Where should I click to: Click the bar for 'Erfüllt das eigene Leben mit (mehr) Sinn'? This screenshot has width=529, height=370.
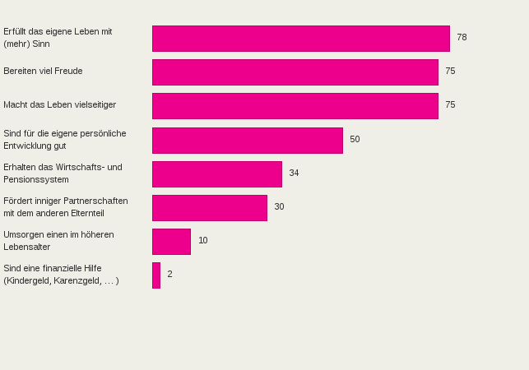pyautogui.click(x=300, y=39)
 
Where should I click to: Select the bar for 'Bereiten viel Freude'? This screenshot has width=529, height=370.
pyautogui.click(x=295, y=72)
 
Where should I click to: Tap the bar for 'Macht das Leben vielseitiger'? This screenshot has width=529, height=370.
pyautogui.click(x=295, y=106)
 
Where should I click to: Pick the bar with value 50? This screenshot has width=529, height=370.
pyautogui.click(x=247, y=140)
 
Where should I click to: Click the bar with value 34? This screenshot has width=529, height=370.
pyautogui.click(x=216, y=173)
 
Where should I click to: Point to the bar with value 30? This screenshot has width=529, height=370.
pyautogui.click(x=209, y=207)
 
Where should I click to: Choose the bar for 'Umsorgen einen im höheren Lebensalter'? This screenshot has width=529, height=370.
pyautogui.click(x=171, y=241)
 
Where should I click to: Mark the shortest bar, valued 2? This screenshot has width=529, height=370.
pyautogui.click(x=156, y=275)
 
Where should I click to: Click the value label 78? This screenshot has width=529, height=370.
pyautogui.click(x=462, y=38)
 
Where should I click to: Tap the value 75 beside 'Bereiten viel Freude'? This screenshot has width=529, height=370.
pyautogui.click(x=450, y=72)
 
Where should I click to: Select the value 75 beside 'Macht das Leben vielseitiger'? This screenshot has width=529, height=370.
pyautogui.click(x=450, y=105)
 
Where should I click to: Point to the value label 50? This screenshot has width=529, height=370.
pyautogui.click(x=355, y=140)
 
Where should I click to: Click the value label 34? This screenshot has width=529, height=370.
pyautogui.click(x=294, y=173)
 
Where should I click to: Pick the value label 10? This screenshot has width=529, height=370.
pyautogui.click(x=203, y=241)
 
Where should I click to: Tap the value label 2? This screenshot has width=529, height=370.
pyautogui.click(x=169, y=275)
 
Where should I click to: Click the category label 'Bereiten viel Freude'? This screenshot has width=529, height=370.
pyautogui.click(x=43, y=72)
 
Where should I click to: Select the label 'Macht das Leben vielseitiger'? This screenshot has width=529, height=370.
pyautogui.click(x=59, y=105)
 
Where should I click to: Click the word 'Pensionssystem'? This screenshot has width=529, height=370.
pyautogui.click(x=36, y=180)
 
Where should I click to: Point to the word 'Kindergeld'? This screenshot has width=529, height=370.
pyautogui.click(x=30, y=281)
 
